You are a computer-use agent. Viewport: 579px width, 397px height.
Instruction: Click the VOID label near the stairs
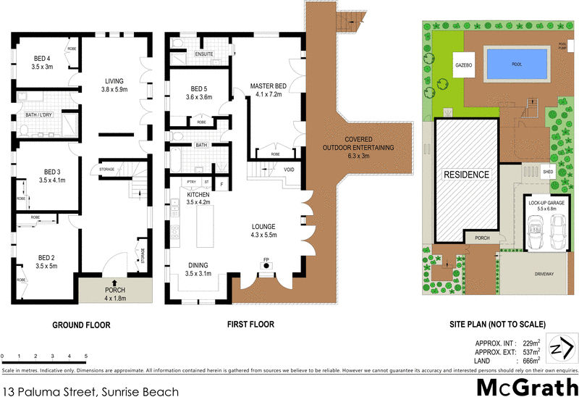[x=289, y=168]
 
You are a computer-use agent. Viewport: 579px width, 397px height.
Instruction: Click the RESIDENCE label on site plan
[x=466, y=175]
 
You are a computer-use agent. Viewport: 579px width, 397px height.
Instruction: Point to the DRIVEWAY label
[x=544, y=275]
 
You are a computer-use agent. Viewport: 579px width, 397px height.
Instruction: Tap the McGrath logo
[x=526, y=383]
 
